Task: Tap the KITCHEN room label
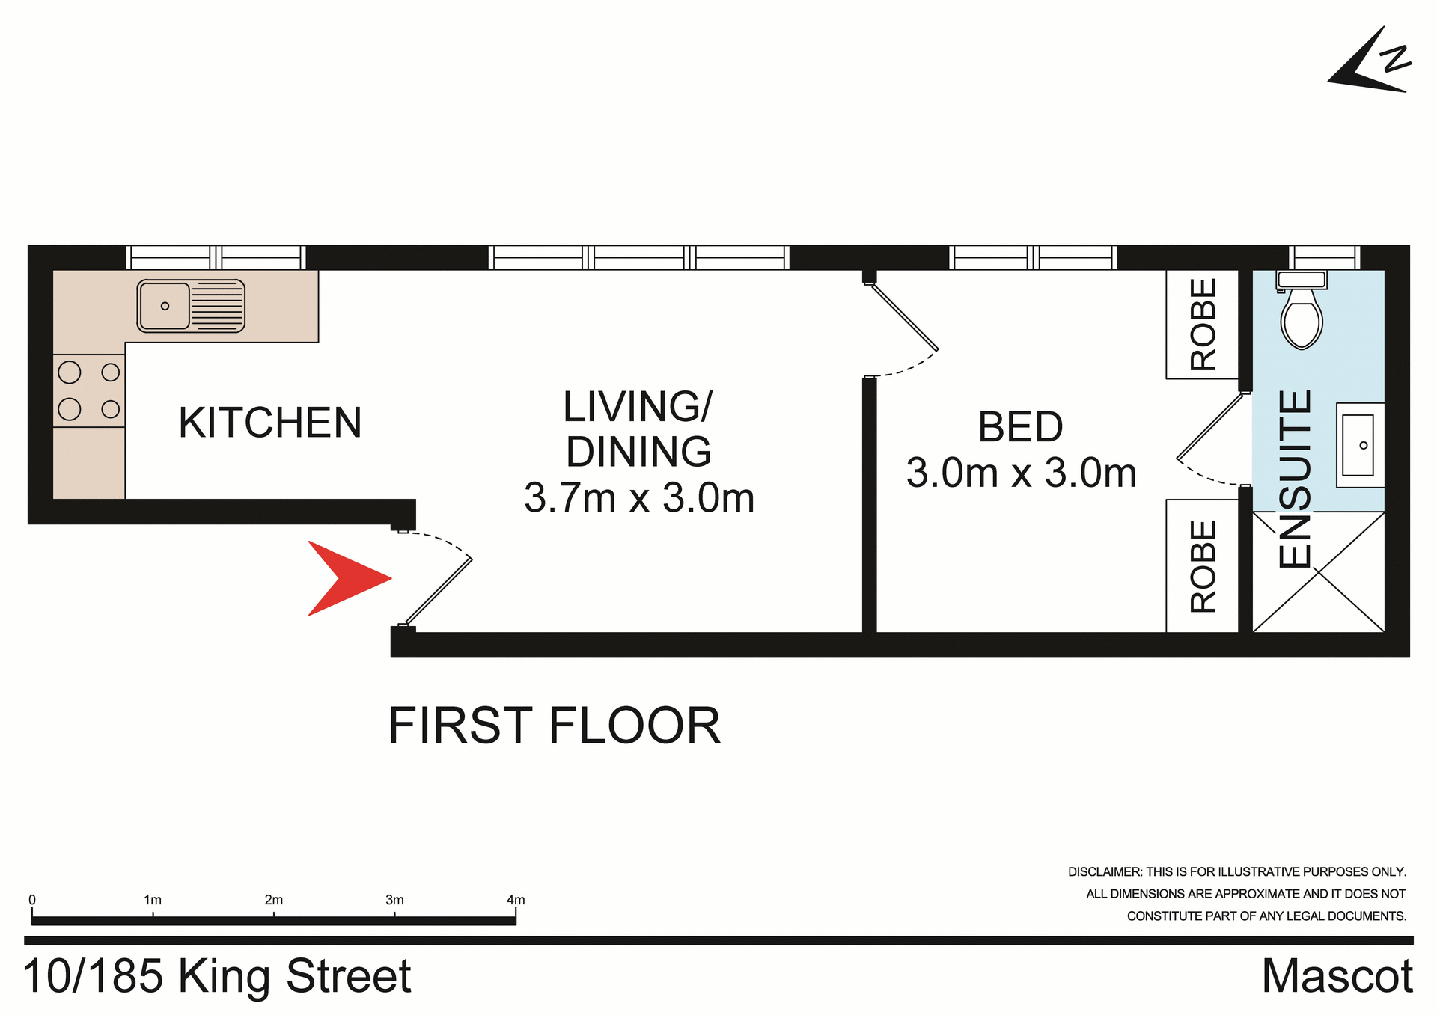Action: pyautogui.click(x=270, y=423)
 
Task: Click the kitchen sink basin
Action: pyautogui.click(x=164, y=305)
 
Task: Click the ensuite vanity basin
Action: pyautogui.click(x=1358, y=445)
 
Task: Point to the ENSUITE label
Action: pyautogui.click(x=1296, y=479)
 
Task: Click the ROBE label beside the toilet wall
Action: pyautogui.click(x=1203, y=325)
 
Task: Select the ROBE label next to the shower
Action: pyautogui.click(x=1203, y=566)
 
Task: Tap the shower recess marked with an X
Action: pyautogui.click(x=1318, y=572)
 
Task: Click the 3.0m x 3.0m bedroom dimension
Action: pyautogui.click(x=1021, y=473)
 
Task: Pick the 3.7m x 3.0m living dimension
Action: pyautogui.click(x=639, y=498)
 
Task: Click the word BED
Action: pyautogui.click(x=1020, y=427)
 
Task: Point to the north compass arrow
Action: pyautogui.click(x=1369, y=64)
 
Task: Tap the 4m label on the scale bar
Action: pyautogui.click(x=516, y=900)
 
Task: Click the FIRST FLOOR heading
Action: pyautogui.click(x=554, y=726)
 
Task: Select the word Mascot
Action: pyautogui.click(x=1337, y=976)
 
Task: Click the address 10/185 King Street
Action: pyautogui.click(x=217, y=976)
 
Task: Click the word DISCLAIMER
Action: pyautogui.click(x=1104, y=872)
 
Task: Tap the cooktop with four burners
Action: pyautogui.click(x=89, y=390)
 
